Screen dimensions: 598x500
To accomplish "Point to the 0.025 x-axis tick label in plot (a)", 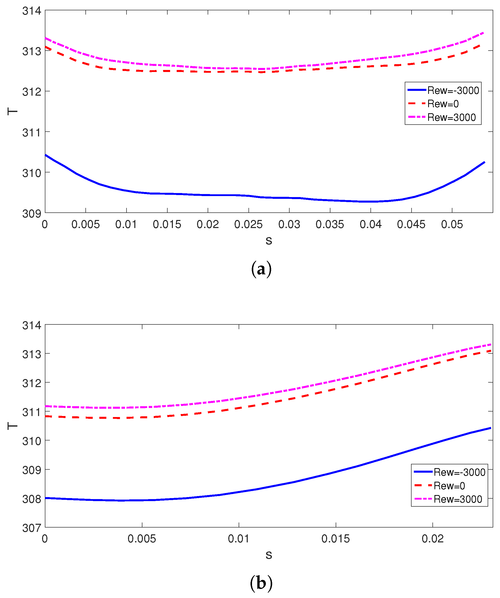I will (248, 225).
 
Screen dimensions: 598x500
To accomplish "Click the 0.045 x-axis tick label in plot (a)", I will (411, 225).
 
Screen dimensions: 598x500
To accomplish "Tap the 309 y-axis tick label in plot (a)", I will (32, 214).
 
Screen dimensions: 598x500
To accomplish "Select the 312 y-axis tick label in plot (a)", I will (32, 92).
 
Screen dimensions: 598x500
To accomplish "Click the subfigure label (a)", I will (261, 269).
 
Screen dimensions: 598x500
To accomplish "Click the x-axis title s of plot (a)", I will (269, 241).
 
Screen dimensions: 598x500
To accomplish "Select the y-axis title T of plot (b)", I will (12, 426).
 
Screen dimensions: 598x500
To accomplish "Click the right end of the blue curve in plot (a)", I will (484, 162).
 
